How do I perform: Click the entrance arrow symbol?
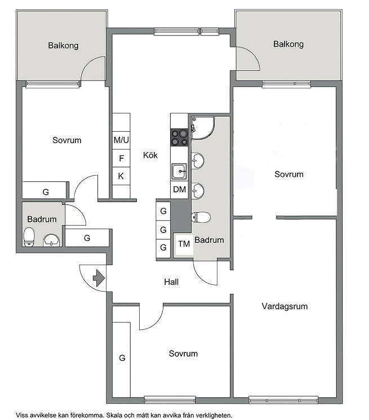pos(99,278)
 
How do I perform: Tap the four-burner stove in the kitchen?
pos(179,137)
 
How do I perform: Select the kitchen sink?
pos(179,171)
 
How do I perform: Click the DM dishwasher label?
pos(179,190)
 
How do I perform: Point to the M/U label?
pos(121,140)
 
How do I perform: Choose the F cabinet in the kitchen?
pos(121,158)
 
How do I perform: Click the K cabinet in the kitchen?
pos(121,176)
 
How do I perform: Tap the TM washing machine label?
pos(184,244)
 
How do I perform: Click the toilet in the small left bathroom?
pos(29,237)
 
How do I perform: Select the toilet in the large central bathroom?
pos(201,217)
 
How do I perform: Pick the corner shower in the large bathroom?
pos(203,128)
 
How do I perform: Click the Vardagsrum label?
pos(284,306)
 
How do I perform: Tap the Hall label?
pos(171,282)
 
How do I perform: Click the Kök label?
pos(150,155)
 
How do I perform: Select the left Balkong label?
pos(63,46)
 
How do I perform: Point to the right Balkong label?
pos(288,44)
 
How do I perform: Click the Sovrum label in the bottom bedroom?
pos(183,354)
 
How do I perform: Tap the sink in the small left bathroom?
pos(51,240)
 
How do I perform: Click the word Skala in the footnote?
pos(115,415)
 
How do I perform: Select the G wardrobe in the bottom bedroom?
pos(121,360)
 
